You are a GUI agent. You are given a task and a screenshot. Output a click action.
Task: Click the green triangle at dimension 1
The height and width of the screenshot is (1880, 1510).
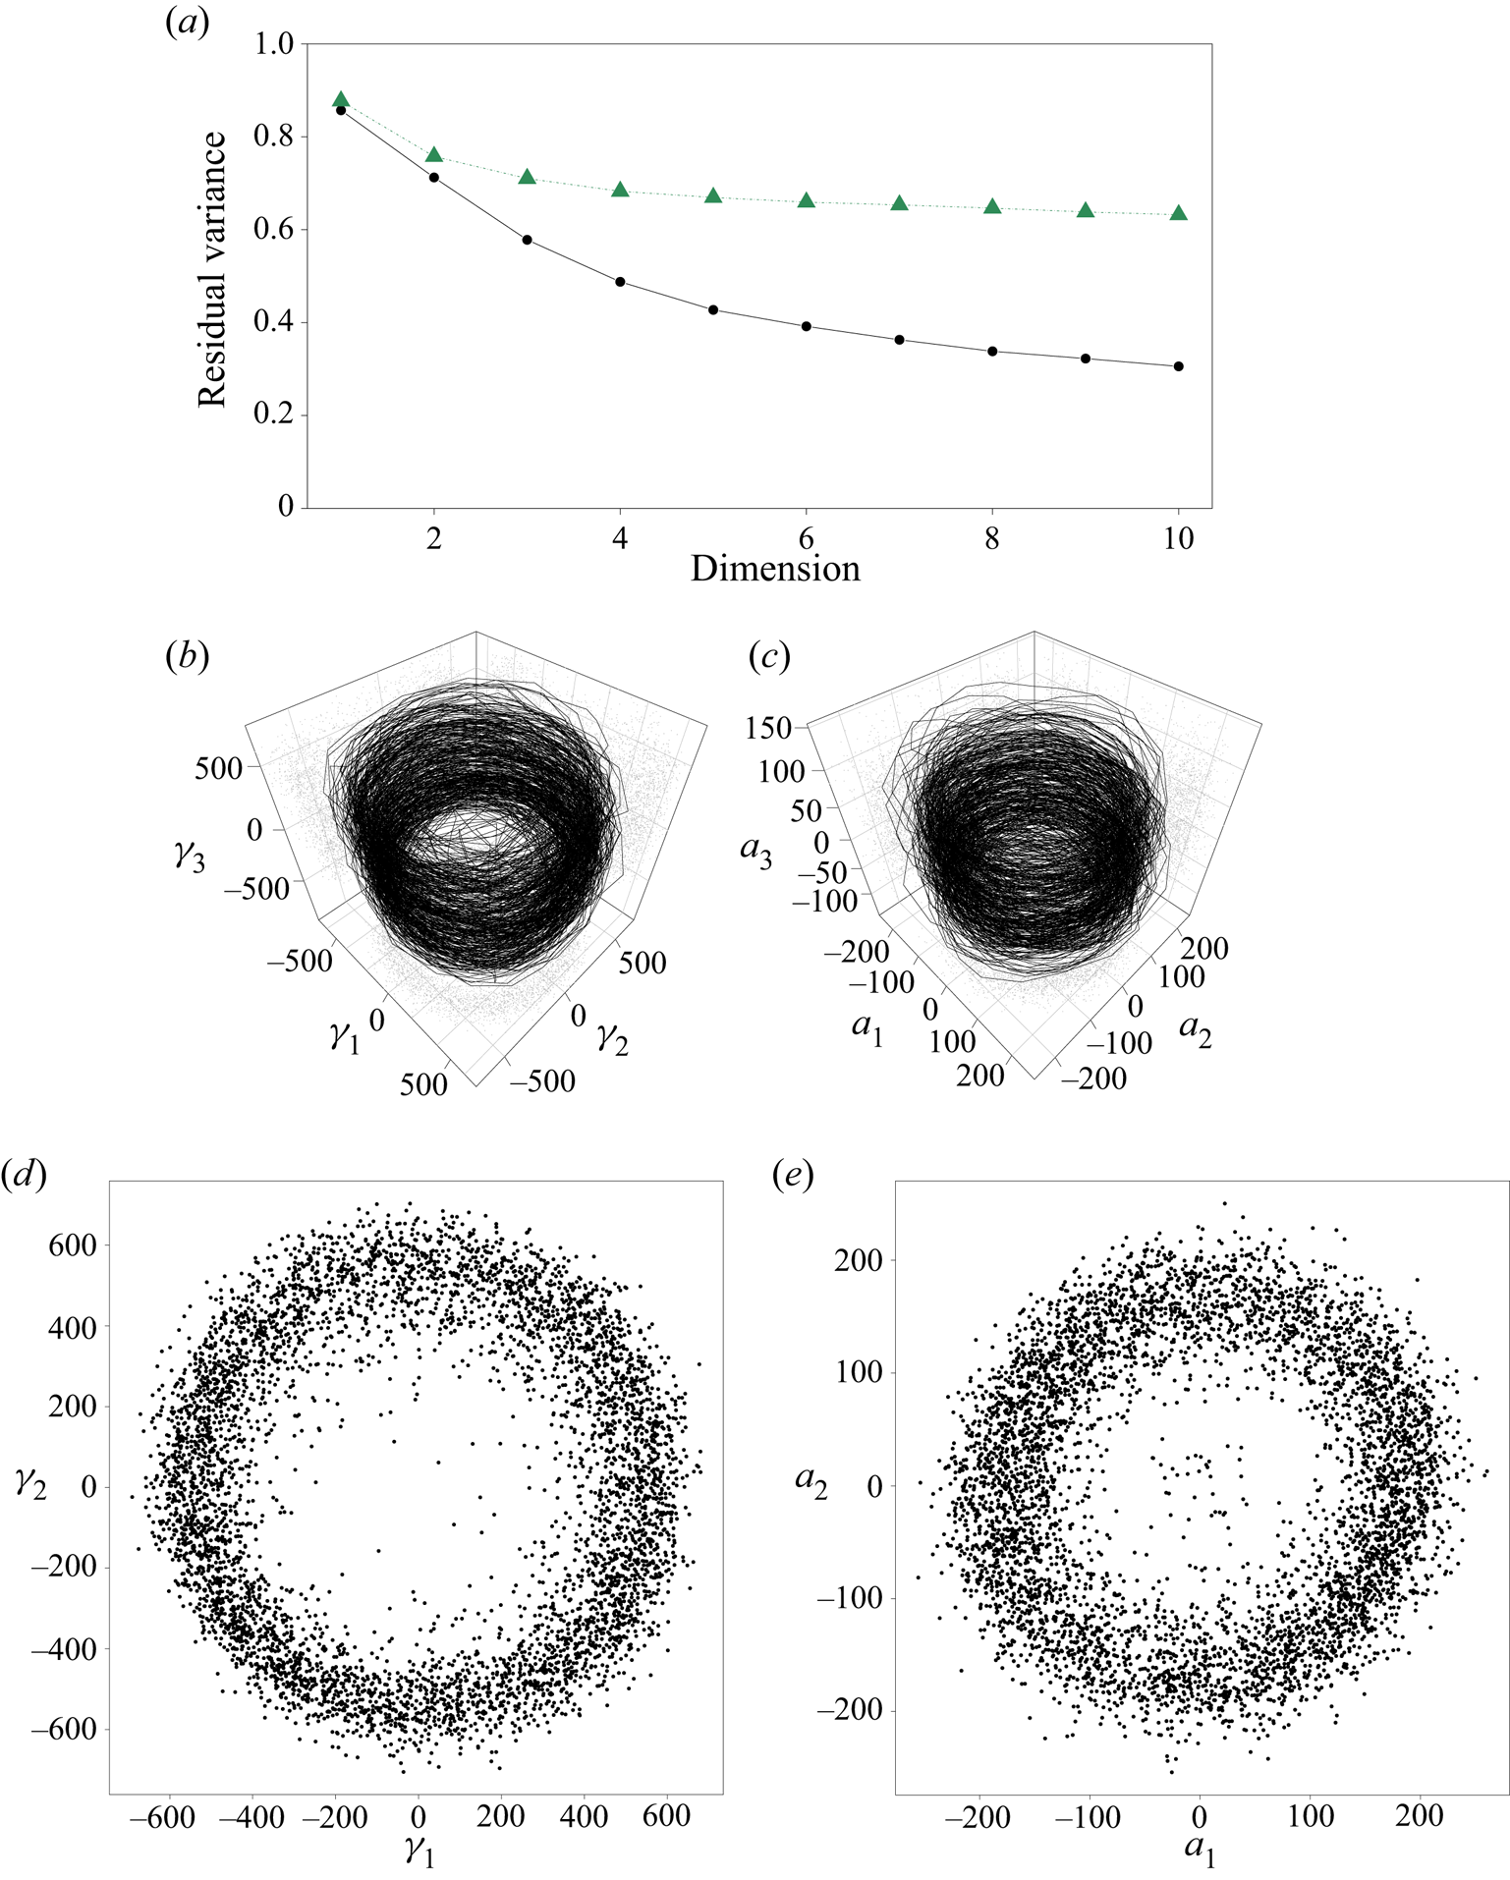(x=341, y=99)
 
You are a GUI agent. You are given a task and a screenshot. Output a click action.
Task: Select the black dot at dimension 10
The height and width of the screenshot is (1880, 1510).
(x=1179, y=366)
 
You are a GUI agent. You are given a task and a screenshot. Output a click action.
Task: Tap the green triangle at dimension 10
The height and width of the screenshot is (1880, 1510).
(x=1179, y=213)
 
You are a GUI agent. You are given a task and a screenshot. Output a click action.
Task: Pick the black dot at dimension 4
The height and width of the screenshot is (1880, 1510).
(x=620, y=282)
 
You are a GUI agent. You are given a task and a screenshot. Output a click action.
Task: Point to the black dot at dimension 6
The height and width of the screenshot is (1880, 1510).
(x=807, y=326)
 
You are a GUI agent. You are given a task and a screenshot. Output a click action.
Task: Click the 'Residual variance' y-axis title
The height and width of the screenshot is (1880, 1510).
(x=212, y=269)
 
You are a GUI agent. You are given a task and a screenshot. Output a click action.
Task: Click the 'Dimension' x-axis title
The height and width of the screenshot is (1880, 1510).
(x=775, y=569)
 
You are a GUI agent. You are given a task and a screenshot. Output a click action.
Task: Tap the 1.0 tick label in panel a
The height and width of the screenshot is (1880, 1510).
(x=273, y=44)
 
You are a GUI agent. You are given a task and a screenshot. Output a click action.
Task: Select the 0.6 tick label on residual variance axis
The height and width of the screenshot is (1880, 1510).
(x=273, y=230)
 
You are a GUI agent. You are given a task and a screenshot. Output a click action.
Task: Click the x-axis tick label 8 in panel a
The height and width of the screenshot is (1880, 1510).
(x=992, y=538)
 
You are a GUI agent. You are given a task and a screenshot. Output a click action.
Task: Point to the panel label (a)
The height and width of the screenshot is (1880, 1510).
(x=188, y=22)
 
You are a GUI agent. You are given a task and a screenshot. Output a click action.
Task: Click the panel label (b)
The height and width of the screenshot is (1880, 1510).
(x=188, y=655)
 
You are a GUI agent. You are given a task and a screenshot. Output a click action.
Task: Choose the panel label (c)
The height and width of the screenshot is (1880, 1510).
(x=769, y=655)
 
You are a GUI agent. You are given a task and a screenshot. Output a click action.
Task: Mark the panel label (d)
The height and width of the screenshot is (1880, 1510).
(x=25, y=1174)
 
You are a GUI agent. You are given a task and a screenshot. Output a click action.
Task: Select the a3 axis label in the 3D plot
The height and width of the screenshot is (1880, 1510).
(x=755, y=851)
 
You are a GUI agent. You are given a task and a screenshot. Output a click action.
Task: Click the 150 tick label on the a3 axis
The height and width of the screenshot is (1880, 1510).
(x=768, y=728)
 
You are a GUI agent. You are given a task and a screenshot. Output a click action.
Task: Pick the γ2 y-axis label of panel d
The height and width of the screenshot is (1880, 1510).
(x=30, y=1484)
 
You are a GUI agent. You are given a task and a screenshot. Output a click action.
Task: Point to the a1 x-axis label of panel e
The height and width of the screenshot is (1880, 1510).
(x=1200, y=1848)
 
